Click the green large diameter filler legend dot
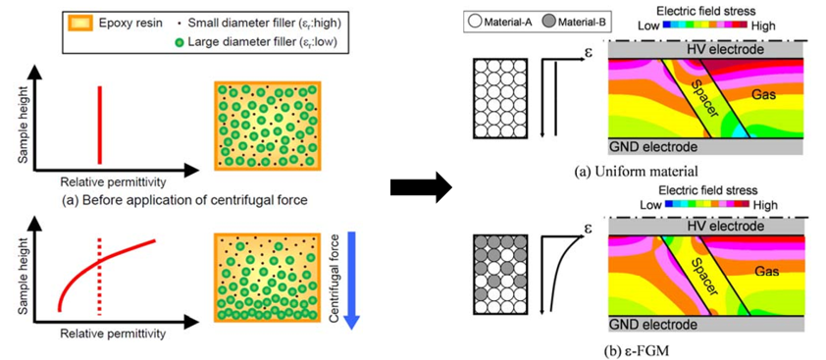180,43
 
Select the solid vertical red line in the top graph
99,125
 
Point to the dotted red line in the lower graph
99,278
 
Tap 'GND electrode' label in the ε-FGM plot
654,323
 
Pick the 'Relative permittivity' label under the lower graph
112,334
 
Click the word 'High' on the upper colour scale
764,26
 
